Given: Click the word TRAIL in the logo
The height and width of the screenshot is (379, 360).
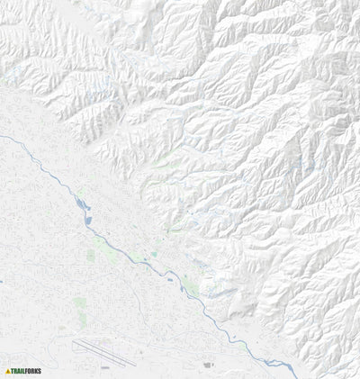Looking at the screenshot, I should coord(19,371).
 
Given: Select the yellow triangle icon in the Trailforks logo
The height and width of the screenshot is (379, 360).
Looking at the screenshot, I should coord(8,371).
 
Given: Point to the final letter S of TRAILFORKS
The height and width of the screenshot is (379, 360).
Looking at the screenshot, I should coord(40,371).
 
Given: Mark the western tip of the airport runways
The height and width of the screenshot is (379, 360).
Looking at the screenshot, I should coord(73,340).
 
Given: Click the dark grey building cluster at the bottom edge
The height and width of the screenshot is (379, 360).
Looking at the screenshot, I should coord(209,365).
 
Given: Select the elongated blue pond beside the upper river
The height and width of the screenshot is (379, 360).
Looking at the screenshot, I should coord(82,206).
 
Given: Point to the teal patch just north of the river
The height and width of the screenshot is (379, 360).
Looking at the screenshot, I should coord(153,255).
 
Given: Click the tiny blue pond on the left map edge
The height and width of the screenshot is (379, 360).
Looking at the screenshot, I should coord(2,282).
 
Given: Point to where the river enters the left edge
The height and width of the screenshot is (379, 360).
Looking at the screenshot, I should coord(2,136).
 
